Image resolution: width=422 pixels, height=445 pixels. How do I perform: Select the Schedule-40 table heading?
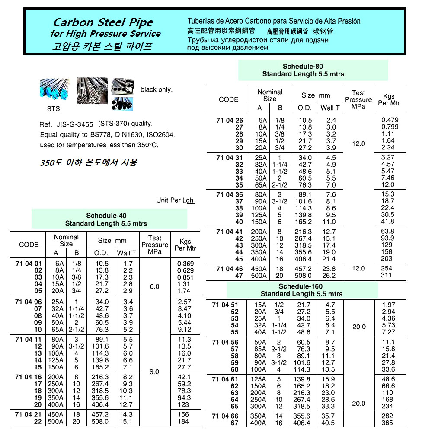pos(106,215)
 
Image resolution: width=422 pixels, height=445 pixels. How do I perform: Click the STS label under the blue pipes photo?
pos(54,108)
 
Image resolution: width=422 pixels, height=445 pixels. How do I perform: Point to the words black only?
pos(157,90)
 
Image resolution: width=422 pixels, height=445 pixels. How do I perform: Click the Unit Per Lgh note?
pos(175,200)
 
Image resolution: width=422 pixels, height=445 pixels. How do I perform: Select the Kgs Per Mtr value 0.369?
pos(185,264)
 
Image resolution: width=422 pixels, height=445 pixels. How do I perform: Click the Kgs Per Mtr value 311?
pos(387,275)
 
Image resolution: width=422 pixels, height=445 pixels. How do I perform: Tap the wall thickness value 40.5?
pos(328,423)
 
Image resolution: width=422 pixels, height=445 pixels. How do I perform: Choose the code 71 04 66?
pos(225,416)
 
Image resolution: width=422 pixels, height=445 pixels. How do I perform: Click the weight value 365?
pos(387,423)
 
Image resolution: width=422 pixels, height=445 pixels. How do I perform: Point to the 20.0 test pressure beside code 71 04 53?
pos(359,327)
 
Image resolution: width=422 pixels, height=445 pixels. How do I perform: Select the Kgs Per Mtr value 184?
pos(183,421)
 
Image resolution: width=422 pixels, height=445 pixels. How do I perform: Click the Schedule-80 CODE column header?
pos(228,99)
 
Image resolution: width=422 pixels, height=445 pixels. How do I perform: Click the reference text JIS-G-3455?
pos(75,124)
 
